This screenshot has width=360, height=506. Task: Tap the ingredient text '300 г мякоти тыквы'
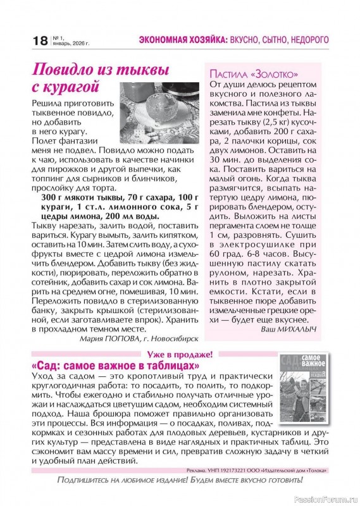[76, 197]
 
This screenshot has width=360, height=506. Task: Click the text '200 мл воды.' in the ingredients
[131, 216]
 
